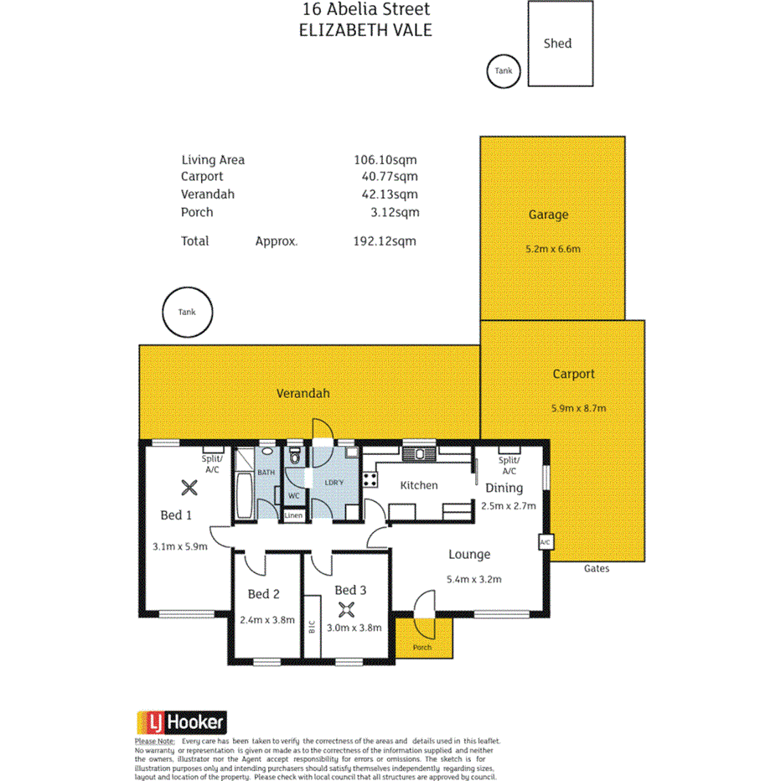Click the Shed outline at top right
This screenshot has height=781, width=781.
(560, 44)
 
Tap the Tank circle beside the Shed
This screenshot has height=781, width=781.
(503, 71)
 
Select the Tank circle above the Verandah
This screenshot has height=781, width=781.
(187, 312)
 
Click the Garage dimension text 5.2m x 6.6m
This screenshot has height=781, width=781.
(551, 249)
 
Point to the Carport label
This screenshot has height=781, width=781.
(573, 375)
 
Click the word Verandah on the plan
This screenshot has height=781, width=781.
(303, 393)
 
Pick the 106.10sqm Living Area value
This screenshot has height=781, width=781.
(385, 159)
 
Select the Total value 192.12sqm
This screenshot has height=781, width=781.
(385, 241)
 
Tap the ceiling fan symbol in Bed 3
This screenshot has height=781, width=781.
(346, 609)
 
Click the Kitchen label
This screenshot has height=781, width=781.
(418, 485)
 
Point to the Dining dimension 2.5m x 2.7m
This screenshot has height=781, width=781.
(509, 505)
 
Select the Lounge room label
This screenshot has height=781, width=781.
(469, 554)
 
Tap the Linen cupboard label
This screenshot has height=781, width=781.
(293, 515)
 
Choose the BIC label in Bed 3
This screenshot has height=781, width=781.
(312, 625)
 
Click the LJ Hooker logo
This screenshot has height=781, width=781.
(182, 722)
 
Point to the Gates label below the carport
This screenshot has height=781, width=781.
(597, 569)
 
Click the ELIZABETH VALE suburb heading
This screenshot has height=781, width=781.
(365, 29)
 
